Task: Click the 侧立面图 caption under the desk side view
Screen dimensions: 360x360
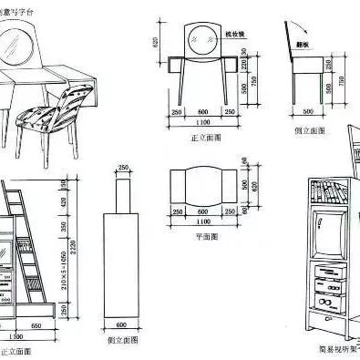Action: (x=309, y=131)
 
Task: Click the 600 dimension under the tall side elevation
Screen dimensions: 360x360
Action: (x=123, y=324)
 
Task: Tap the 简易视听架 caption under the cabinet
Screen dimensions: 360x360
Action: (x=334, y=348)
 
